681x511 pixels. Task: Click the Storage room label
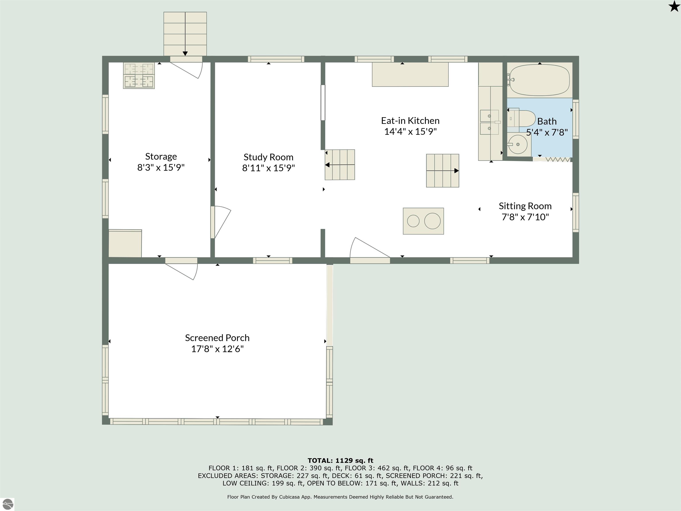coord(161,157)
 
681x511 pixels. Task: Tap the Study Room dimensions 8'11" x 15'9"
coord(268,168)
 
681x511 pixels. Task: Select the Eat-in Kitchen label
coord(410,120)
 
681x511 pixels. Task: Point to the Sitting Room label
coord(525,206)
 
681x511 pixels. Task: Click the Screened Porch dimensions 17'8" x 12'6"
coord(217,349)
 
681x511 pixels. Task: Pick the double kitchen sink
coord(489,122)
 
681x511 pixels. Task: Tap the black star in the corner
coord(674,6)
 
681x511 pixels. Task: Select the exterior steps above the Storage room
coord(185,34)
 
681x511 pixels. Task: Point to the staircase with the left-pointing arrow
coord(340,165)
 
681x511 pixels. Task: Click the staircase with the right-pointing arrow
coord(443,171)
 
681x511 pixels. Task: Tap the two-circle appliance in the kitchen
coord(423,221)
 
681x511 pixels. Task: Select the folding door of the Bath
coord(552,159)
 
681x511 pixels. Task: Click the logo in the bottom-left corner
coord(7,504)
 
